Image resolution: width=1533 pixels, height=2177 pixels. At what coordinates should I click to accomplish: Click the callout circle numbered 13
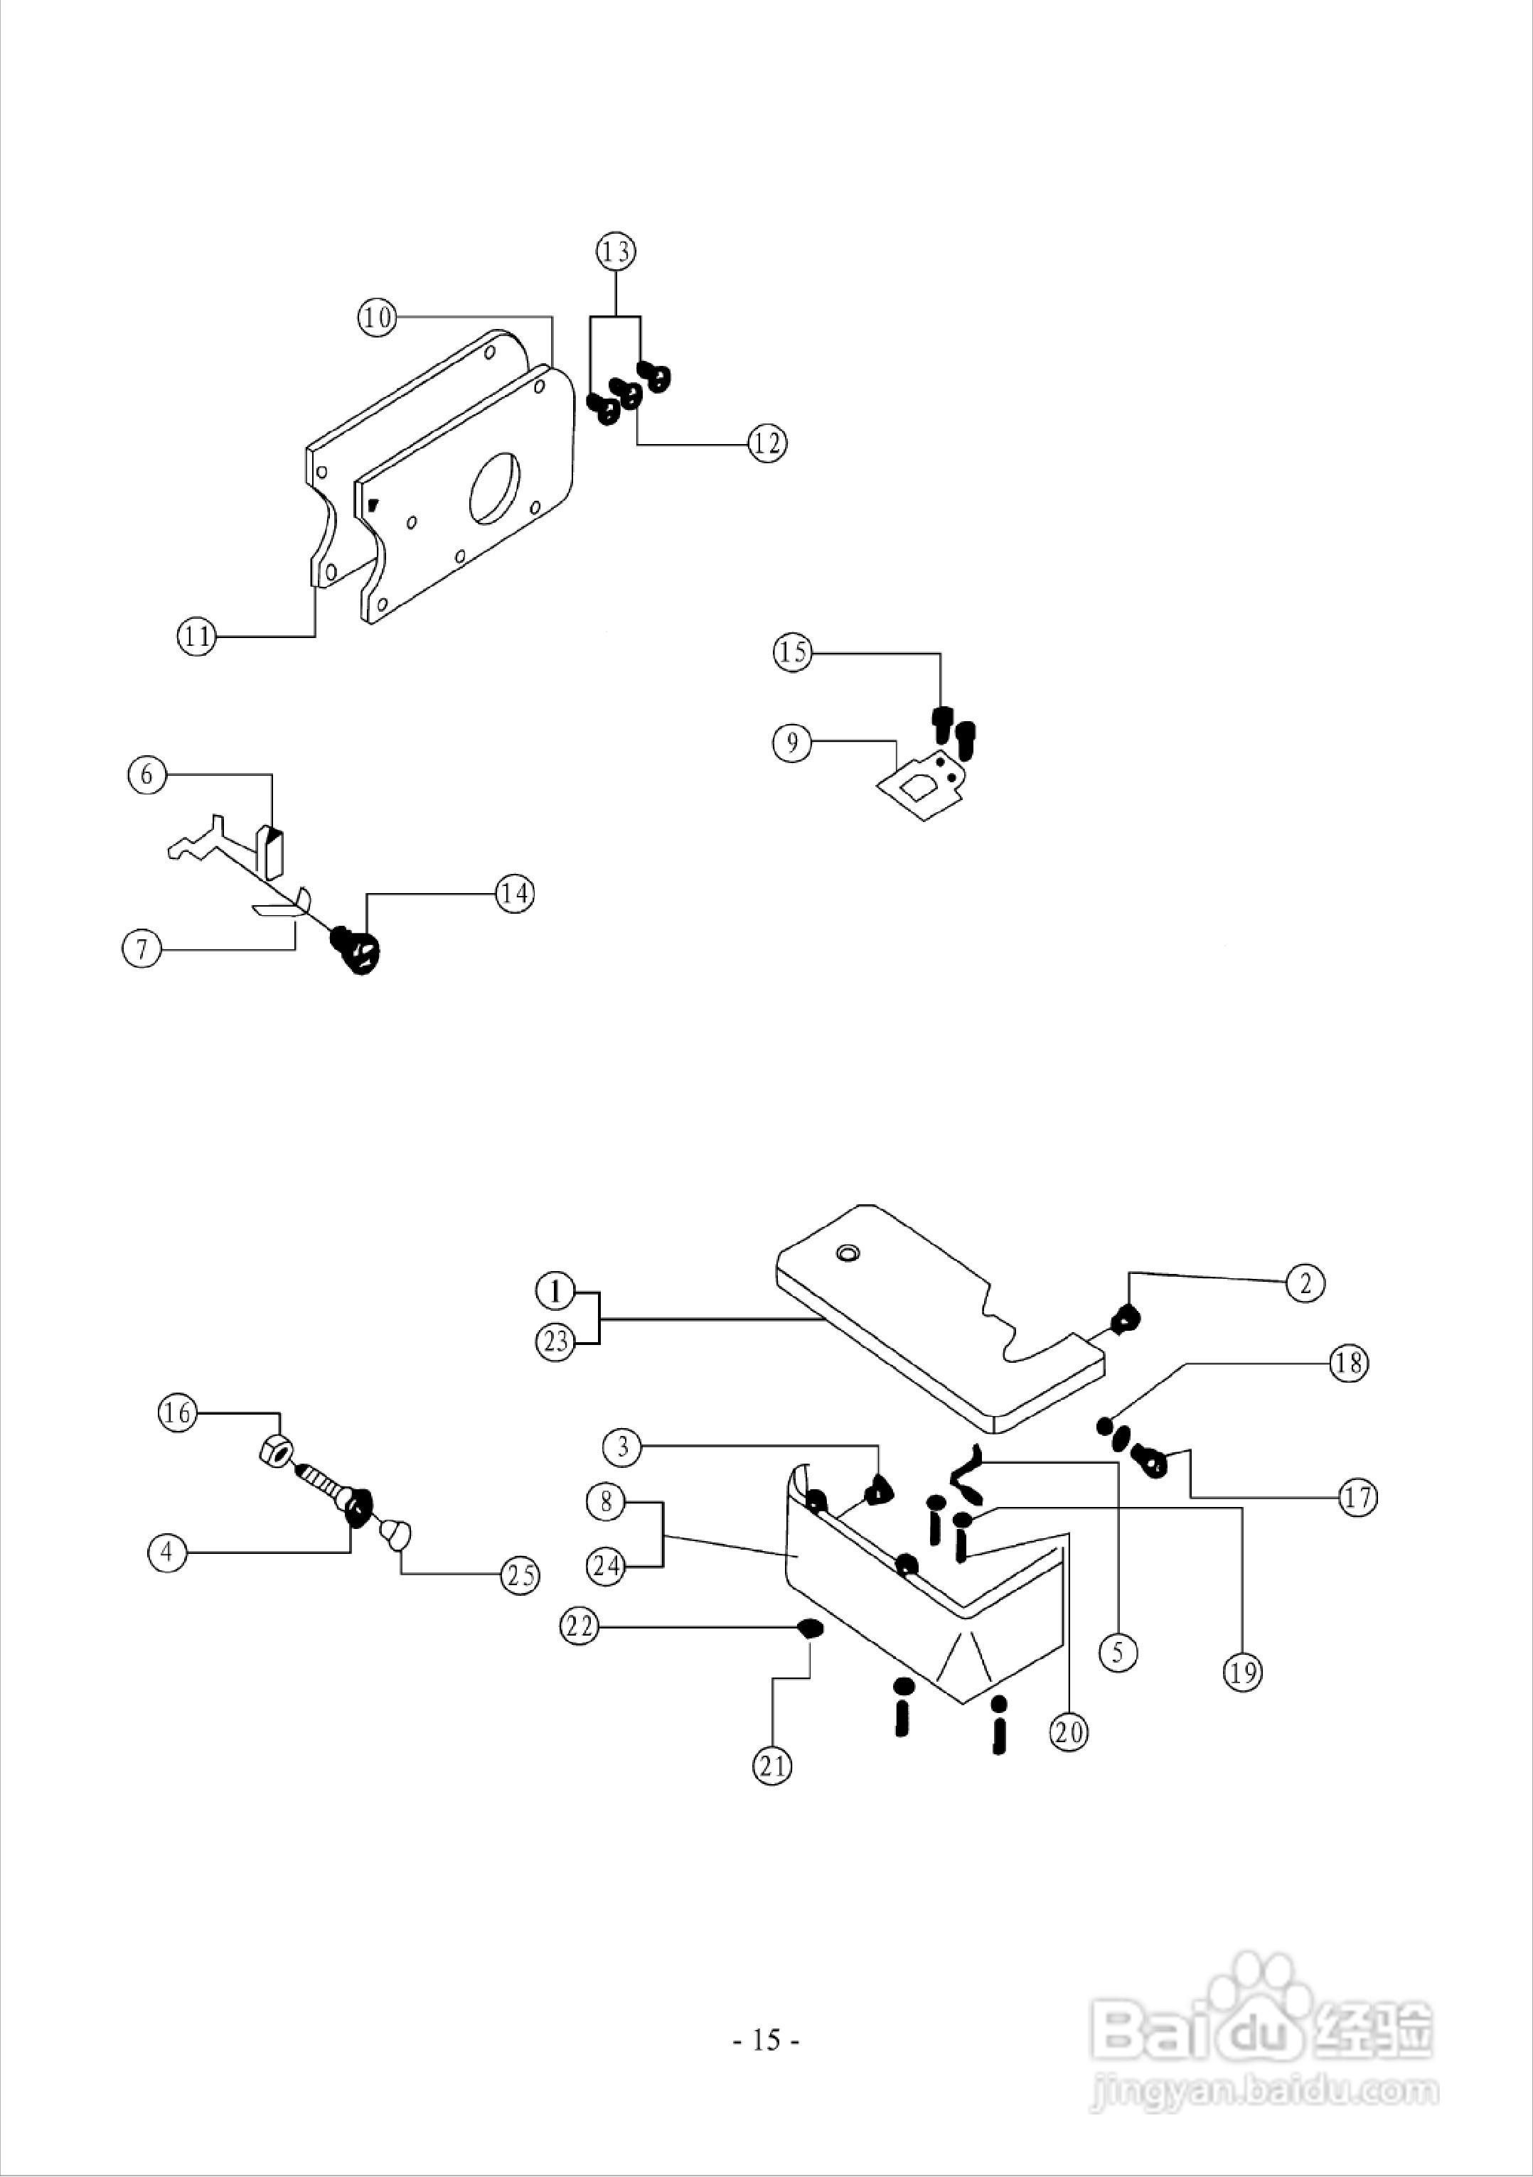pos(616,252)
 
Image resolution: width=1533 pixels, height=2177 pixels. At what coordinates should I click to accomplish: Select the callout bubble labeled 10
pos(377,317)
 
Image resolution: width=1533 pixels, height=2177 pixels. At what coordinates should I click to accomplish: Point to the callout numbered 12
pos(766,443)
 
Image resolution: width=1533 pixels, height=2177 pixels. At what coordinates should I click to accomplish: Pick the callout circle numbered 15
pos(793,652)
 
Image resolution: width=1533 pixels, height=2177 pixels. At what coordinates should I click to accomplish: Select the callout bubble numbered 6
pos(147,774)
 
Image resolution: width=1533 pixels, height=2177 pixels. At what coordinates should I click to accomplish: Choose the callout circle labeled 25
pos(520,1575)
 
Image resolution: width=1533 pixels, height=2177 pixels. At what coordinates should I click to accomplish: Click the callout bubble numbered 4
pos(168,1552)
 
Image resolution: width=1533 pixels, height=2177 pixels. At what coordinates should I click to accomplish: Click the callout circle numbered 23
pos(556,1341)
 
